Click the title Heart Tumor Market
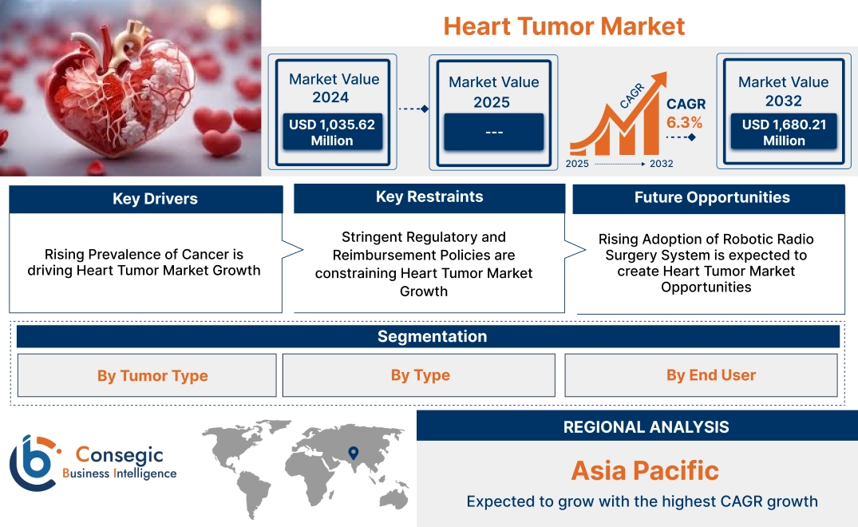[563, 26]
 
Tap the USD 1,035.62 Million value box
[331, 133]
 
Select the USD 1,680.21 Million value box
[783, 133]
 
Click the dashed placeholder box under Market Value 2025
[493, 132]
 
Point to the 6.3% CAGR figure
[685, 122]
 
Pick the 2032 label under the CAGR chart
[661, 164]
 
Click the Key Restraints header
[429, 197]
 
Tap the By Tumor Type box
[152, 375]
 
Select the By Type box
[420, 375]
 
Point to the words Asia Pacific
[645, 470]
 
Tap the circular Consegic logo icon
[33, 463]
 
